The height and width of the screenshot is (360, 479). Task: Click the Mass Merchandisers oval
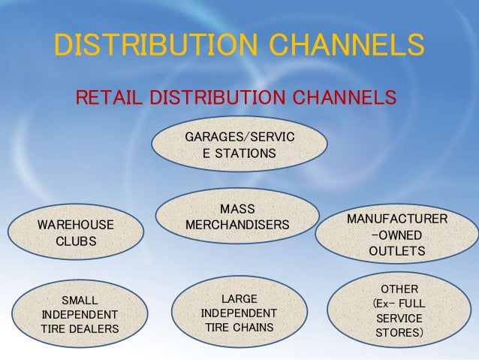[237, 216]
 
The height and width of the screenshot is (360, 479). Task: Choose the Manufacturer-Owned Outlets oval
[397, 234]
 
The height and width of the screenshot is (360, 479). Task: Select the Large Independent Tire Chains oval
[239, 312]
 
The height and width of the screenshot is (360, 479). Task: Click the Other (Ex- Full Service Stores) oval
[398, 310]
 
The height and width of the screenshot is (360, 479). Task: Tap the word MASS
[237, 208]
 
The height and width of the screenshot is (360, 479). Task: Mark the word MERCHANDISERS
[237, 225]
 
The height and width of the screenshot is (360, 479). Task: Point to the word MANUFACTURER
[397, 219]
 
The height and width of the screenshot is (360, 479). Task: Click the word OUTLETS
[397, 251]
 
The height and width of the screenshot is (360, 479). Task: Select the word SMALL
[80, 298]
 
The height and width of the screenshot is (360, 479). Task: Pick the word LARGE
[239, 298]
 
